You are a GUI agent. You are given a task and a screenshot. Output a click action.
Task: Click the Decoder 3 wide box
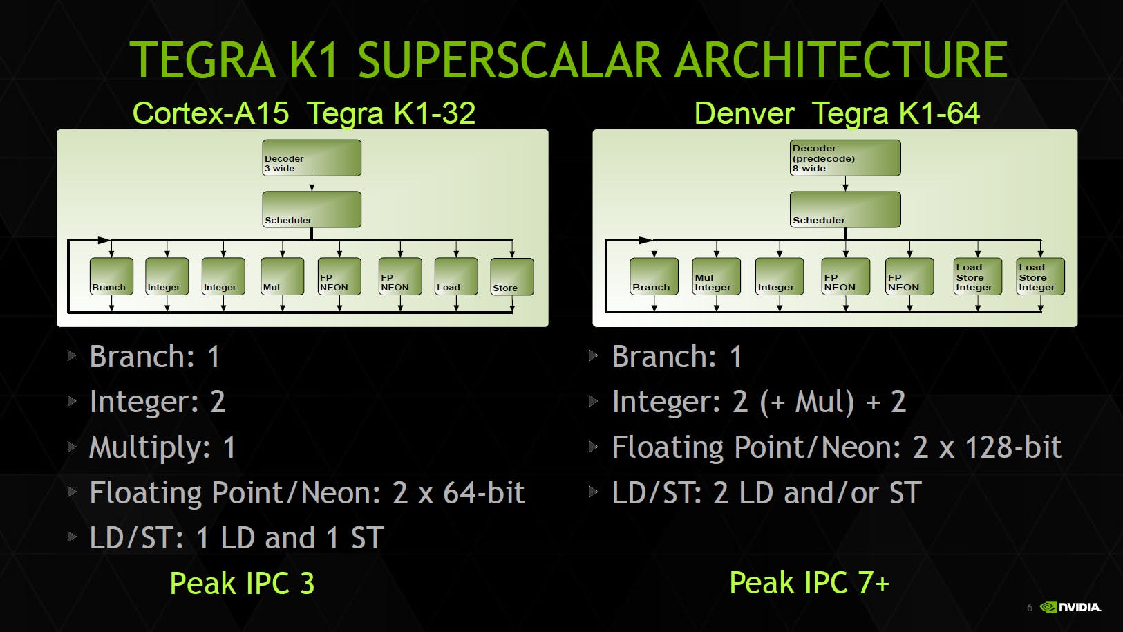coord(312,158)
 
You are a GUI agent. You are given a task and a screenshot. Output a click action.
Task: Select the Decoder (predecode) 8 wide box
coord(845,158)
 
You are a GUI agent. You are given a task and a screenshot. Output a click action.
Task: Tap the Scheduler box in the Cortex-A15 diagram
coord(312,209)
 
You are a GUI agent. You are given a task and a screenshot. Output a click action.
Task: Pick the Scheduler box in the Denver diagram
coord(845,209)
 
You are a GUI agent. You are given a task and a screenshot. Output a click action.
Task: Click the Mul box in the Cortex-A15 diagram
coord(282,277)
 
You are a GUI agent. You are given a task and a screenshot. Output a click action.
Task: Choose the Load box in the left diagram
coord(456,277)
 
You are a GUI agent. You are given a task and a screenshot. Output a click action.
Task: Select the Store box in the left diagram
coord(512,277)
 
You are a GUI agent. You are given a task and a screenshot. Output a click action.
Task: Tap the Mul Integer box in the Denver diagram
coord(716,277)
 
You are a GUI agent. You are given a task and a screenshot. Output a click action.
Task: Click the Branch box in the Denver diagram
coord(654,277)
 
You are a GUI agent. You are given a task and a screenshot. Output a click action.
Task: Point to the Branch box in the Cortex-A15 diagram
coord(111,277)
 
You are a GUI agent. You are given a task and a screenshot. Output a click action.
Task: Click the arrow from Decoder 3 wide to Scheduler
coord(312,183)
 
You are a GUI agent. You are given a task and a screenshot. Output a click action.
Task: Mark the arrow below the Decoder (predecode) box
coord(845,183)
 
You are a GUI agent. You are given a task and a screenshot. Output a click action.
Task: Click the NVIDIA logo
coord(1070,607)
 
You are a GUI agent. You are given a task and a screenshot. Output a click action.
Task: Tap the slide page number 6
coord(1030,608)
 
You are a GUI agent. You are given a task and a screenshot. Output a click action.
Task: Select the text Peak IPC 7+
coord(809,583)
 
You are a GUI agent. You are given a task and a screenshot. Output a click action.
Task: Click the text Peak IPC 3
coord(242,583)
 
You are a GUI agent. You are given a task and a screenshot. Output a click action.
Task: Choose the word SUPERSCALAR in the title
coord(509,59)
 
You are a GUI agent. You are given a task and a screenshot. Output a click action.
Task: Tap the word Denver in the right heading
coord(744,113)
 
